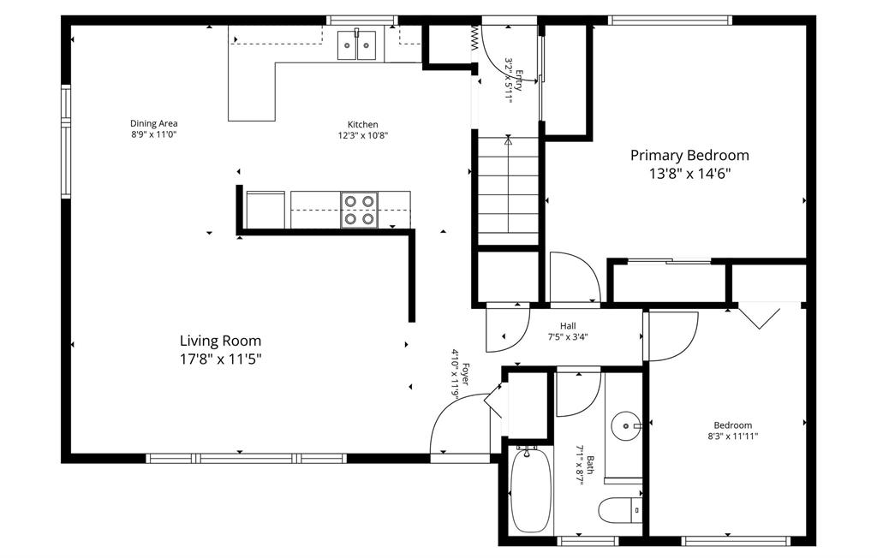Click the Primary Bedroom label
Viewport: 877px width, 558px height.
click(x=689, y=155)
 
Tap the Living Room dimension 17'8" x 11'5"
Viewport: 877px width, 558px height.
click(x=220, y=359)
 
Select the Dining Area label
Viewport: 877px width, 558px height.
click(x=154, y=123)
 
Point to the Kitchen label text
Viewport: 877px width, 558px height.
click(x=363, y=124)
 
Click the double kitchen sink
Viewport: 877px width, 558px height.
click(x=357, y=45)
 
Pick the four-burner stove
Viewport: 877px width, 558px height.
click(x=359, y=210)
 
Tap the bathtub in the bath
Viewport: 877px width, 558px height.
click(x=531, y=490)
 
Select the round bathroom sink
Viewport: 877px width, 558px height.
click(x=626, y=426)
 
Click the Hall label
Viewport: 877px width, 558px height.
click(x=568, y=326)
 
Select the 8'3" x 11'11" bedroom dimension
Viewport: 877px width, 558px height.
click(x=733, y=436)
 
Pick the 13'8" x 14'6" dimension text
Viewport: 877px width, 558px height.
click(x=690, y=174)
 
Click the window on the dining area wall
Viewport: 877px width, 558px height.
click(x=66, y=141)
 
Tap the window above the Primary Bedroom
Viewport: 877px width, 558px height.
click(x=670, y=21)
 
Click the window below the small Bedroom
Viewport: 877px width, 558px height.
click(x=735, y=541)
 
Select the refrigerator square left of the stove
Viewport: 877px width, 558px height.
click(x=265, y=210)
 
